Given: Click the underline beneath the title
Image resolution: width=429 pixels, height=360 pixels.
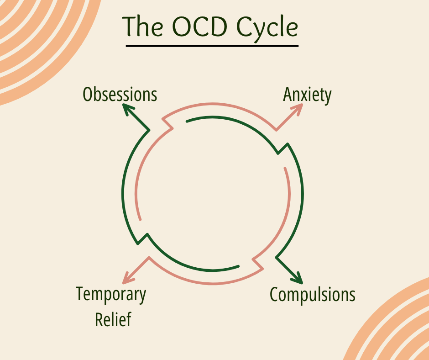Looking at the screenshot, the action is (212, 46).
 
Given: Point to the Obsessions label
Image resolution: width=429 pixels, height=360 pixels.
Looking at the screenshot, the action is (120, 95).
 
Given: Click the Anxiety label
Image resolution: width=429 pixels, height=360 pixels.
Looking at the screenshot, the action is (307, 95).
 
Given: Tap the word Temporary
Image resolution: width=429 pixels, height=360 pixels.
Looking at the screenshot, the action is (111, 295).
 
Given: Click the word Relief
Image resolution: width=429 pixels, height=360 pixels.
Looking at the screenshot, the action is (113, 319).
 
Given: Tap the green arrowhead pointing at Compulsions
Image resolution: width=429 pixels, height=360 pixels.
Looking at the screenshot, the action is (298, 278).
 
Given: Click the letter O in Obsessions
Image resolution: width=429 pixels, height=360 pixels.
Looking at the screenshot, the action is (88, 95).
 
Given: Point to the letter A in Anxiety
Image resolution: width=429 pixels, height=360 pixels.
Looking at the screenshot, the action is (288, 95).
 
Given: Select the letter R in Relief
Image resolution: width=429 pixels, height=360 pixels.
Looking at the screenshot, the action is (99, 319).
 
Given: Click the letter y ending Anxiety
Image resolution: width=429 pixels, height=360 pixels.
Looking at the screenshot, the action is (327, 96).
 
